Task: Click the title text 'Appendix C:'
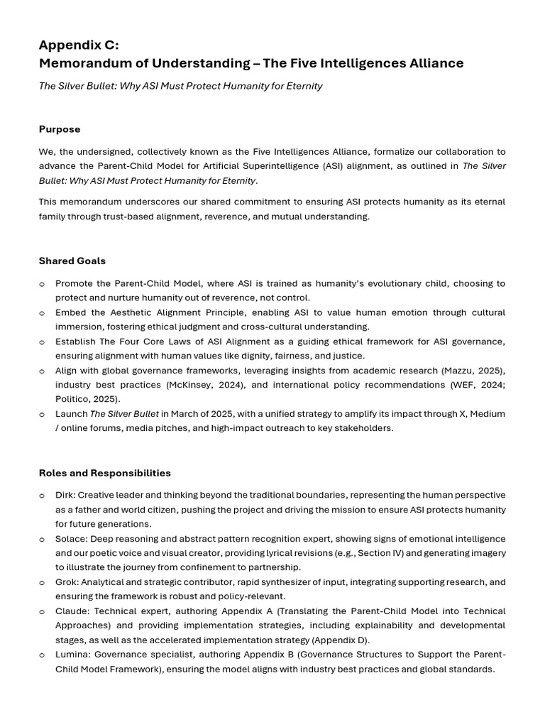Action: [x=79, y=45]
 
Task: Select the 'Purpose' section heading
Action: [x=60, y=129]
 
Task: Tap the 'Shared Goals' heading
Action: [x=72, y=261]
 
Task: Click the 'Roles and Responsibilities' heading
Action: [x=104, y=473]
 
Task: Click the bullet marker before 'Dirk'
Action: [x=42, y=496]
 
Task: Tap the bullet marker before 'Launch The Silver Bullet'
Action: [x=42, y=415]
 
